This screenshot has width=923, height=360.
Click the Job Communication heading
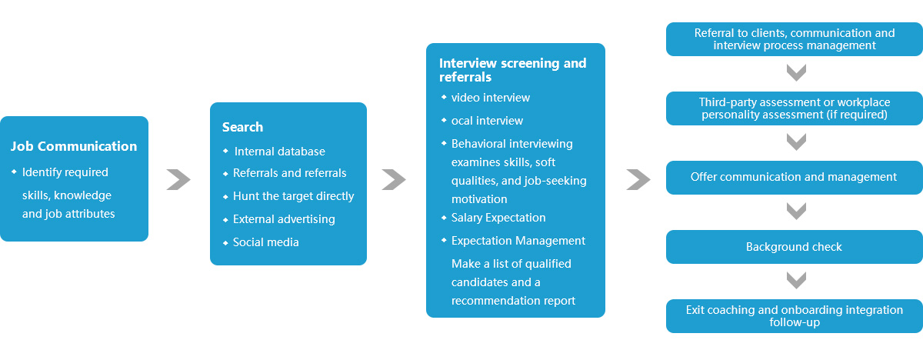click(74, 146)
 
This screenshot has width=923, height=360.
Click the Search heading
click(242, 127)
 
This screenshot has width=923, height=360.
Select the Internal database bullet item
click(279, 152)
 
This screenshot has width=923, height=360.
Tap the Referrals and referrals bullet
click(289, 173)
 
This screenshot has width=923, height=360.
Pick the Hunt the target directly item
click(293, 196)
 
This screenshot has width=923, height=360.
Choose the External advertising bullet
click(284, 219)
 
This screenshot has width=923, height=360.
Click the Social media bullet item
click(265, 242)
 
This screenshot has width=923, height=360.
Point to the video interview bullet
click(490, 98)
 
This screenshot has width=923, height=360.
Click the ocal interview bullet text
click(487, 121)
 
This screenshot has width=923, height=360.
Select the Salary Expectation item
click(498, 218)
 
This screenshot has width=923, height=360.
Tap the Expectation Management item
click(518, 241)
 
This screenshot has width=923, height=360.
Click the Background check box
click(794, 247)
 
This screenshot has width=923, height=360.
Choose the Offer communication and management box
click(794, 177)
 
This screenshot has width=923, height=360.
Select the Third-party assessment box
click(794, 108)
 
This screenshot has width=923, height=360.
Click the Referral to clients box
click(794, 39)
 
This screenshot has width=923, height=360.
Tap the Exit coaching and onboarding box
click(794, 316)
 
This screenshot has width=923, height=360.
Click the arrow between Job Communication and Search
click(178, 179)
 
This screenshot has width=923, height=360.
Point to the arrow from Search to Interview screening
click(394, 179)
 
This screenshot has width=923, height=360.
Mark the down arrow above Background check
click(796, 212)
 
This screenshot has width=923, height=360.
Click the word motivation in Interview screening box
click(479, 199)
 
